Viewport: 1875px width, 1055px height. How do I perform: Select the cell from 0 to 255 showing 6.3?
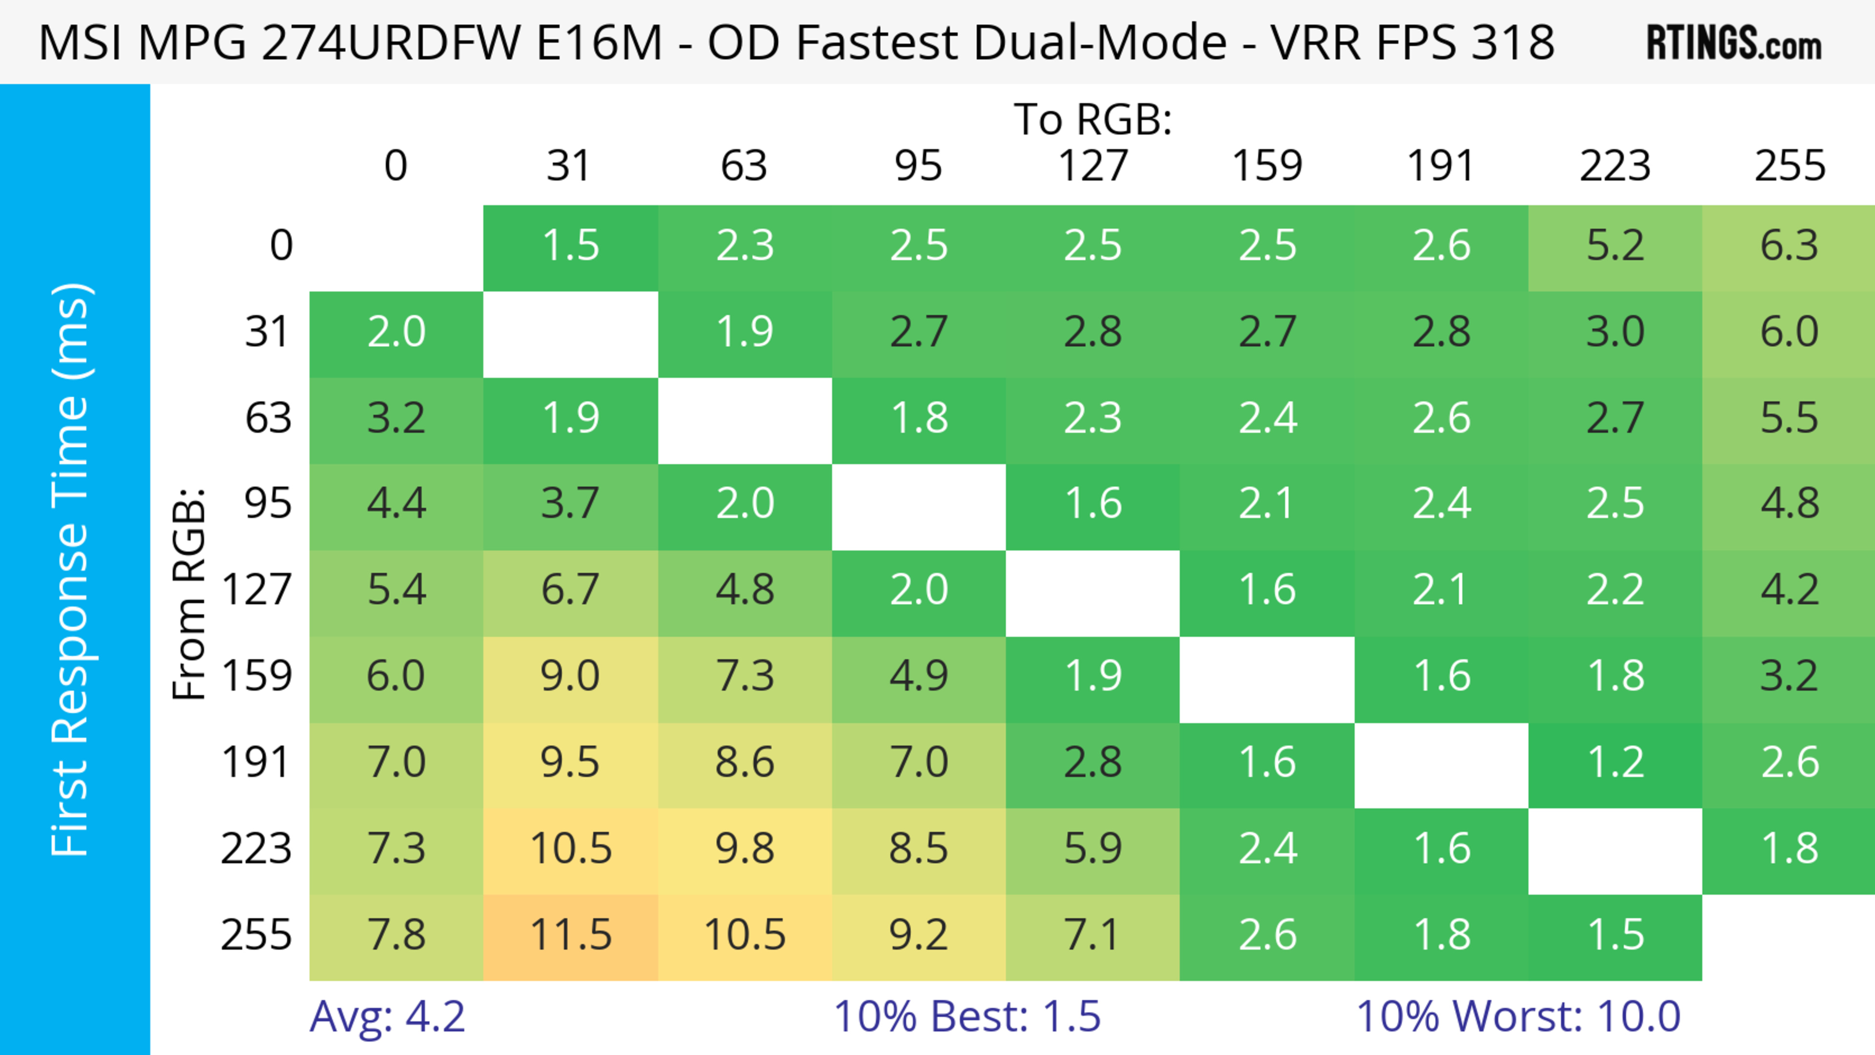[1789, 246]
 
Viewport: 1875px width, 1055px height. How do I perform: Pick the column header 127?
[1093, 166]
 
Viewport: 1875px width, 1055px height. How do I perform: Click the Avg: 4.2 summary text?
[387, 1016]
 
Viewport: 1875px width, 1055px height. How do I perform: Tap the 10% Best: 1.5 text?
[967, 1016]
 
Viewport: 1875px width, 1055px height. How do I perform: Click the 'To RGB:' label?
[1093, 119]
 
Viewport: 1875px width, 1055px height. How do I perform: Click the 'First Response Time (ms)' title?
[71, 570]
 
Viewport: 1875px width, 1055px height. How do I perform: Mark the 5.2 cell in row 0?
[1615, 246]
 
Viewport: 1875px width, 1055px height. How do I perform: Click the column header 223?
[1615, 166]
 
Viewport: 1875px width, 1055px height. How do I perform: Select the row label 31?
[268, 332]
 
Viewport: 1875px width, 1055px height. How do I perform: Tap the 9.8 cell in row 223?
[745, 849]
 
